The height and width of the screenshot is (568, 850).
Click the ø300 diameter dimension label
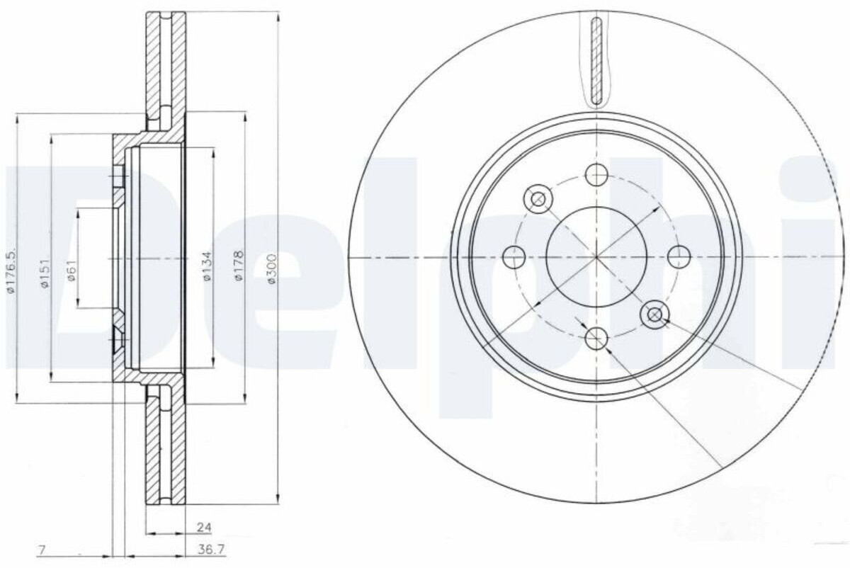(272, 268)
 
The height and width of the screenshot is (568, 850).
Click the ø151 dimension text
(45, 273)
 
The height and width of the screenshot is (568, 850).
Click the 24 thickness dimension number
(204, 527)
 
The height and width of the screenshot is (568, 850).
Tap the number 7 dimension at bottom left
(42, 550)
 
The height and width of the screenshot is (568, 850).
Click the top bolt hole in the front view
(596, 174)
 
